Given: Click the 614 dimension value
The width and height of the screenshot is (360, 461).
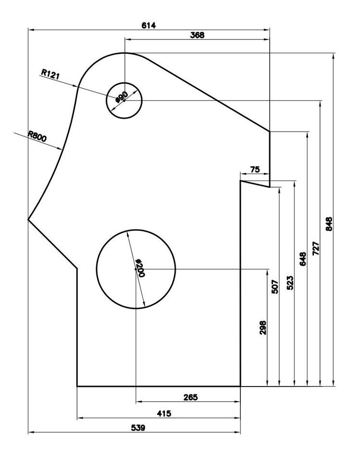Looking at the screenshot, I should [x=149, y=25].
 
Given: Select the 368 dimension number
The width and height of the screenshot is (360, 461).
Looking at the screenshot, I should [x=197, y=35].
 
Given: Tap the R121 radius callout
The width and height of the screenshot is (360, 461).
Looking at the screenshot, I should [x=50, y=73].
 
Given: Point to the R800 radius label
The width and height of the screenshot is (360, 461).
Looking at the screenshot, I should [x=37, y=136].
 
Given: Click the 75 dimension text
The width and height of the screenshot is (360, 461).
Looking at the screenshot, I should [x=255, y=170].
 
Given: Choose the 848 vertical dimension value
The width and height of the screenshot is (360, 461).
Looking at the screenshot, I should [x=329, y=224].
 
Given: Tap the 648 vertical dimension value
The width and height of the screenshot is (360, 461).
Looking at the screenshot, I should [x=303, y=260].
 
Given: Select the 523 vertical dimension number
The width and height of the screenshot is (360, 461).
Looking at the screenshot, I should [x=290, y=283].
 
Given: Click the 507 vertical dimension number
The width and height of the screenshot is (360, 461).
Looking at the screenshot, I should [x=275, y=287].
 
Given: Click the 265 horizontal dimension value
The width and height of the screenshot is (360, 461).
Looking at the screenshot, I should [x=190, y=397].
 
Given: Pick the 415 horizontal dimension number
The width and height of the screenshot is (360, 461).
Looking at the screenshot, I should [x=164, y=413].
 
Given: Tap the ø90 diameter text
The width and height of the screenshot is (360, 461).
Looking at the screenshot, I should [x=121, y=97].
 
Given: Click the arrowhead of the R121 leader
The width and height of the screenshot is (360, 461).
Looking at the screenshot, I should [x=77, y=86].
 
